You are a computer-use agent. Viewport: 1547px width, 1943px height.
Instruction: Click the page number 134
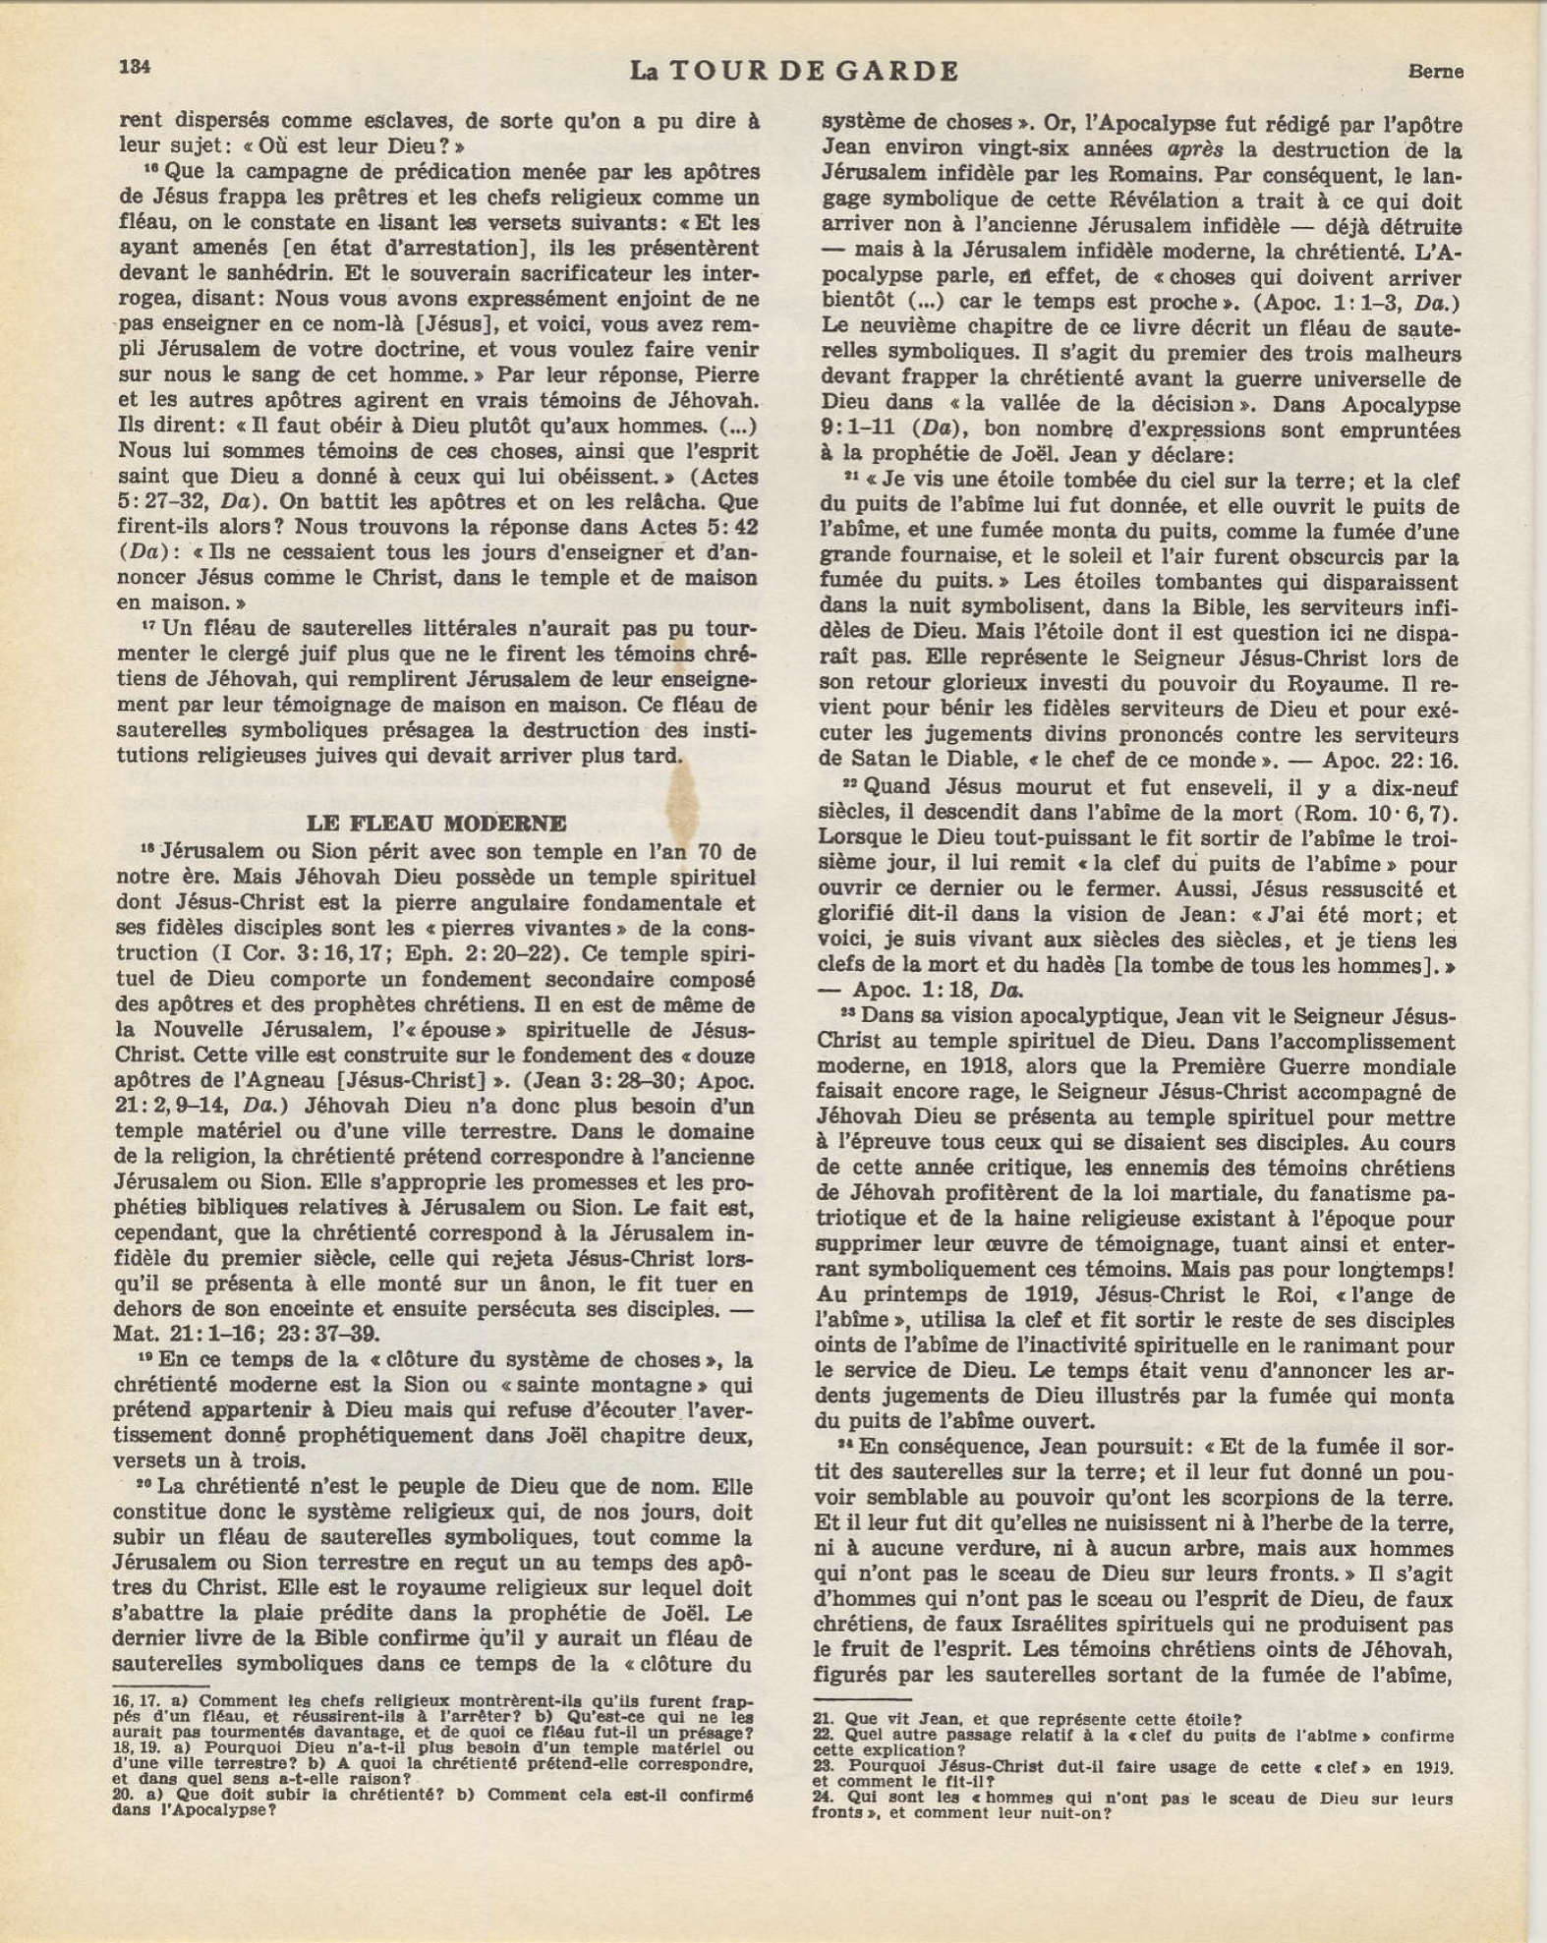(x=134, y=67)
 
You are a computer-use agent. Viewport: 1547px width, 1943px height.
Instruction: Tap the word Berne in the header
(x=1435, y=71)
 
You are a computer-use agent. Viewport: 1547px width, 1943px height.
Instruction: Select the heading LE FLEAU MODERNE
(x=436, y=823)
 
